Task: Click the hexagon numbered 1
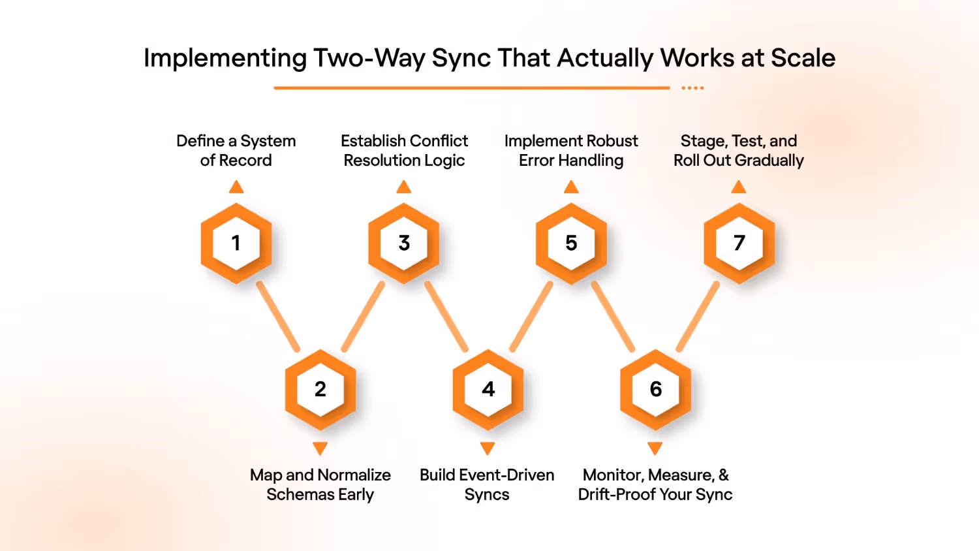pos(236,243)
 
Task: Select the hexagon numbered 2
pos(320,389)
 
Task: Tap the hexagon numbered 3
pos(404,243)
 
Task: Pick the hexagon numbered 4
pos(488,389)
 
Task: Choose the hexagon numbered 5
pos(571,243)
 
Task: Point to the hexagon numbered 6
pos(656,389)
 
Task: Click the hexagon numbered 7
pos(739,243)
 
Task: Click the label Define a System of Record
pos(236,151)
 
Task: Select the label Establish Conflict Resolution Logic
pos(404,151)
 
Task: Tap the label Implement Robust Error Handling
pos(571,151)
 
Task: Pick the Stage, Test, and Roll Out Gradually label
pos(739,151)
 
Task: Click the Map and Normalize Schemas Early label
pos(320,484)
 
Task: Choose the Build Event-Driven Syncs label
pos(487,484)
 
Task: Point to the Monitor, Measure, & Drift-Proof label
pos(655,484)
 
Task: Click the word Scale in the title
pos(803,58)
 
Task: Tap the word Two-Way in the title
pos(369,58)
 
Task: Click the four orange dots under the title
pos(692,87)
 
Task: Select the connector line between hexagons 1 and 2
pos(278,317)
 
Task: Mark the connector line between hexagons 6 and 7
pos(698,317)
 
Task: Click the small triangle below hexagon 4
pos(488,448)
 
